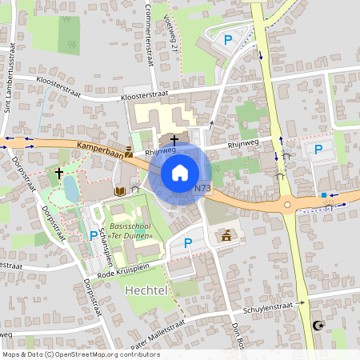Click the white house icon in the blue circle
(180, 172)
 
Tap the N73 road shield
(202, 189)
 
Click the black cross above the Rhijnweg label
(174, 138)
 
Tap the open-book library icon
(119, 191)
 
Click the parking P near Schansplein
(94, 236)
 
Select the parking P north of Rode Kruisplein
(189, 242)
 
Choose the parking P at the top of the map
(228, 38)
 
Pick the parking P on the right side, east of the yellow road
(318, 149)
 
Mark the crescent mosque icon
(318, 325)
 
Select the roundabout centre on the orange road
(290, 204)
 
